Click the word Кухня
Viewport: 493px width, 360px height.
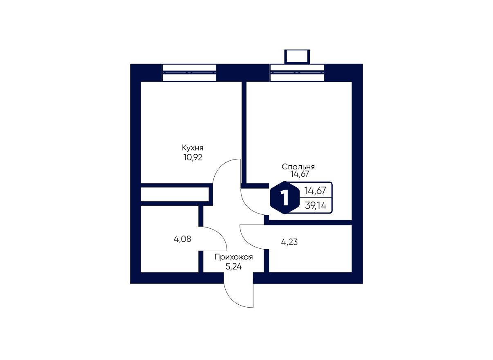coord(193,148)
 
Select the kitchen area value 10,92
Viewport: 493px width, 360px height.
coord(193,157)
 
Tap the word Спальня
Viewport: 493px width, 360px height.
coord(298,167)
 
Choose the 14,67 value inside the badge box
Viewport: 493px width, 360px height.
coord(315,190)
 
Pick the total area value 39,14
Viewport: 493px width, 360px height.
coord(315,206)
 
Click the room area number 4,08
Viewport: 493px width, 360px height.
coord(182,239)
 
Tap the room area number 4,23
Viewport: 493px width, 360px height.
coord(289,242)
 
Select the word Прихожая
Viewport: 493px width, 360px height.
coord(234,257)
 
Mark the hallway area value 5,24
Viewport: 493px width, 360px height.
coord(234,266)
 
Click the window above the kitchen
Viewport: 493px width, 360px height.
coord(189,73)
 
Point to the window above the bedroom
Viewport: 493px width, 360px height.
coord(297,73)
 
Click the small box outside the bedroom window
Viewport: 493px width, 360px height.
coord(297,56)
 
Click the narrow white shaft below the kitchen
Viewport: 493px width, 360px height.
coord(175,194)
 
